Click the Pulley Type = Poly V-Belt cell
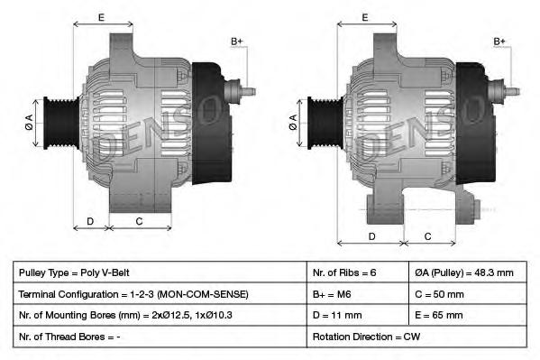(x=160, y=272)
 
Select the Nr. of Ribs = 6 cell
(x=358, y=272)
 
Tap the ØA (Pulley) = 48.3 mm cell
(x=468, y=272)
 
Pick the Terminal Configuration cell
(x=160, y=294)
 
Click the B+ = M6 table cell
(x=358, y=294)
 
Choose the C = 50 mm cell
(x=468, y=294)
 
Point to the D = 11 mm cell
(x=358, y=315)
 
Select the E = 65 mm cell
(x=468, y=315)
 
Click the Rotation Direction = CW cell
(x=416, y=337)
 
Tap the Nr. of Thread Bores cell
(x=160, y=337)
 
